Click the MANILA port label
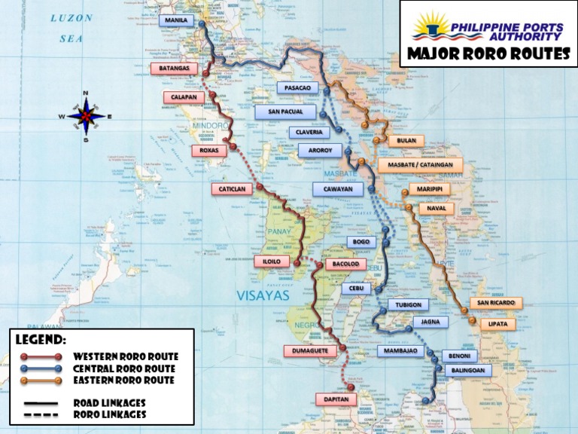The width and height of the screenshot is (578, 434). [176, 20]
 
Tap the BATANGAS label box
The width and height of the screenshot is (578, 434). [175, 69]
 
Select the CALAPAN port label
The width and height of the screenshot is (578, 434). [184, 97]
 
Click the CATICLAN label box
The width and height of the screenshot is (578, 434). [232, 189]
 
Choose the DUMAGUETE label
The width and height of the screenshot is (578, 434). [309, 350]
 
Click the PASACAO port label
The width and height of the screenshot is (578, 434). [297, 88]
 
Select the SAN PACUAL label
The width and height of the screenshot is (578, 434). [284, 112]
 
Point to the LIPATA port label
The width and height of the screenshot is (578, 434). [497, 324]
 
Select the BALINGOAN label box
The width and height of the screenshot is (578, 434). [467, 370]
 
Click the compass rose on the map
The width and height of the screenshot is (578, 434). [86, 117]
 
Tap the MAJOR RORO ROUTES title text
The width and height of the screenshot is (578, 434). [488, 54]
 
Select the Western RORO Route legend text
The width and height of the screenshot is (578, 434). [126, 356]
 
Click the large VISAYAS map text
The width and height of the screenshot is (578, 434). [263, 296]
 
